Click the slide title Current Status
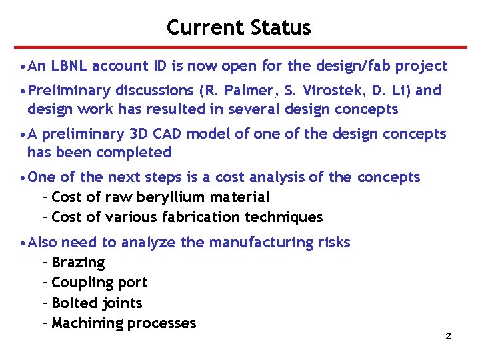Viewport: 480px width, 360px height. [x=239, y=27]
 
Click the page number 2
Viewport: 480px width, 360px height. [x=448, y=337]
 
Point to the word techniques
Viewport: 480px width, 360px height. [x=289, y=217]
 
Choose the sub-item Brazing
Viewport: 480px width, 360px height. [x=78, y=263]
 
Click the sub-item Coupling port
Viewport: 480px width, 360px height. [x=99, y=283]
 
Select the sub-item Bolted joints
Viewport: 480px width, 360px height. [x=97, y=303]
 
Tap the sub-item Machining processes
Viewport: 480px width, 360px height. [x=123, y=323]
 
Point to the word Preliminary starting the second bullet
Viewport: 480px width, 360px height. [x=70, y=91]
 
